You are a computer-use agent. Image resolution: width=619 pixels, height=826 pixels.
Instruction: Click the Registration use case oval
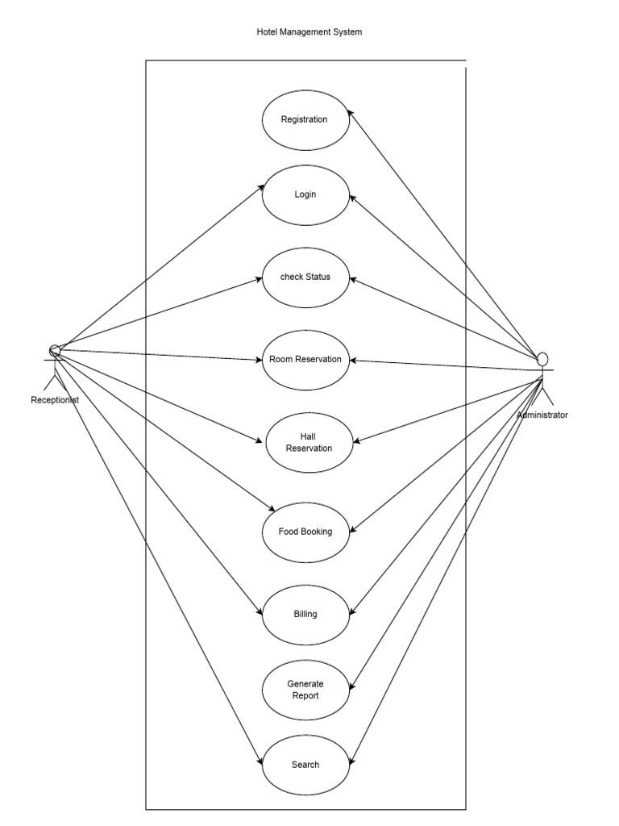point(305,119)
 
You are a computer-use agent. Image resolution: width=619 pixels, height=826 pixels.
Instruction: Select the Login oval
point(305,194)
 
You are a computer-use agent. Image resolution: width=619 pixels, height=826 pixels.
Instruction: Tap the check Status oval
point(305,277)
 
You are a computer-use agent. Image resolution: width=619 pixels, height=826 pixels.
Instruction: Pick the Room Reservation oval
point(305,360)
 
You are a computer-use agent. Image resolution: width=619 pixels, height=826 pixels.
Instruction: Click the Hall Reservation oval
point(309,442)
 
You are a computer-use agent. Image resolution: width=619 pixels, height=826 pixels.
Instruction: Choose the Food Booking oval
point(305,532)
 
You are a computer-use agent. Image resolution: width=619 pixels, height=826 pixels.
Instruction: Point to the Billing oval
point(305,614)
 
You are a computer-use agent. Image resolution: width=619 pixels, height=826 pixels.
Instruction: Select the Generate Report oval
point(305,690)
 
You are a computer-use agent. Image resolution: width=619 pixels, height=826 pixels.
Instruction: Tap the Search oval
point(305,765)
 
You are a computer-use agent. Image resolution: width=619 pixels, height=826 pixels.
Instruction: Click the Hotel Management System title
point(309,32)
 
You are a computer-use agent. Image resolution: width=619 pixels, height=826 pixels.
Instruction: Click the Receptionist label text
point(55,399)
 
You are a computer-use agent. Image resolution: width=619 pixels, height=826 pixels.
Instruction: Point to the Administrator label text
point(542,415)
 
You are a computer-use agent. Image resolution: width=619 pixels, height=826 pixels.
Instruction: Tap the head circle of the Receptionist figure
point(55,349)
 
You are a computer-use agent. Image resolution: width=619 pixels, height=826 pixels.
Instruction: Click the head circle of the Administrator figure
point(543,358)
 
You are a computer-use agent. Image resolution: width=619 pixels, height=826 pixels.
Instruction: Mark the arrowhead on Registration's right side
point(352,114)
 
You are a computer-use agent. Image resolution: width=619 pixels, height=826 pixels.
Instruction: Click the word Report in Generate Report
point(305,695)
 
